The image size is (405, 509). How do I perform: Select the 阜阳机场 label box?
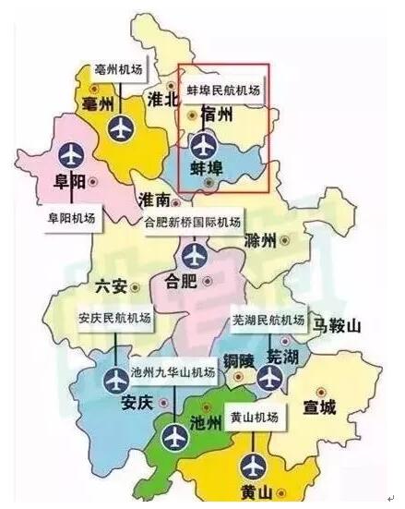click(70, 221)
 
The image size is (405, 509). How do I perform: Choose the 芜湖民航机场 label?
click(268, 321)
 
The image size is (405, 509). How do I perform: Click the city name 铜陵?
click(235, 358)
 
